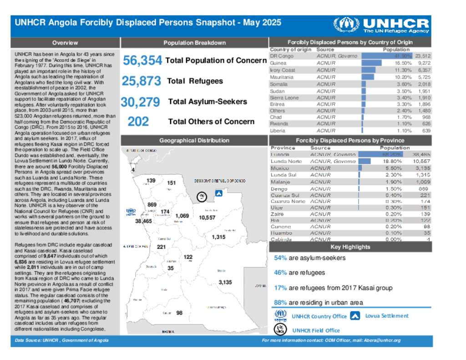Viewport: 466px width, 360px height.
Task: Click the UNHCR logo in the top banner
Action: pyautogui.click(x=381, y=25)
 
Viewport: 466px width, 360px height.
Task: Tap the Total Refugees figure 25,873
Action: pyautogui.click(x=141, y=81)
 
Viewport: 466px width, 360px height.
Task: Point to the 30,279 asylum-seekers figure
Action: pyautogui.click(x=140, y=102)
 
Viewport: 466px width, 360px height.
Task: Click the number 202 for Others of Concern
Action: pyautogui.click(x=138, y=122)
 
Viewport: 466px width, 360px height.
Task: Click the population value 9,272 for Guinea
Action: pyautogui.click(x=423, y=63)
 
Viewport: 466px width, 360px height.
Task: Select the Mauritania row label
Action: pyautogui.click(x=282, y=77)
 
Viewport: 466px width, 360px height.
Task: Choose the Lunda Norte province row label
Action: pyautogui.click(x=286, y=162)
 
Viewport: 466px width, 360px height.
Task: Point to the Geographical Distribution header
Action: pyautogui.click(x=194, y=141)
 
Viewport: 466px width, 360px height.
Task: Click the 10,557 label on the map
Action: pyautogui.click(x=207, y=218)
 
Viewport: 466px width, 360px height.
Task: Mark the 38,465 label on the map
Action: pyautogui.click(x=143, y=221)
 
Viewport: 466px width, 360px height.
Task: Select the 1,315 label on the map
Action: pyautogui.click(x=218, y=237)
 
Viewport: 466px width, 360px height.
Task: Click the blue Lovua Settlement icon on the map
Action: pyautogui.click(x=218, y=193)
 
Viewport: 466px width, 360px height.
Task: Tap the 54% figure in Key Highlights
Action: pyautogui.click(x=280, y=258)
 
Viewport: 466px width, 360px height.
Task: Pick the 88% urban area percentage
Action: pyautogui.click(x=280, y=303)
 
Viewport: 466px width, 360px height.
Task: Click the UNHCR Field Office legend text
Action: pyautogui.click(x=316, y=330)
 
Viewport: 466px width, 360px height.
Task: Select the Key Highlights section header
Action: pyautogui.click(x=350, y=247)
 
